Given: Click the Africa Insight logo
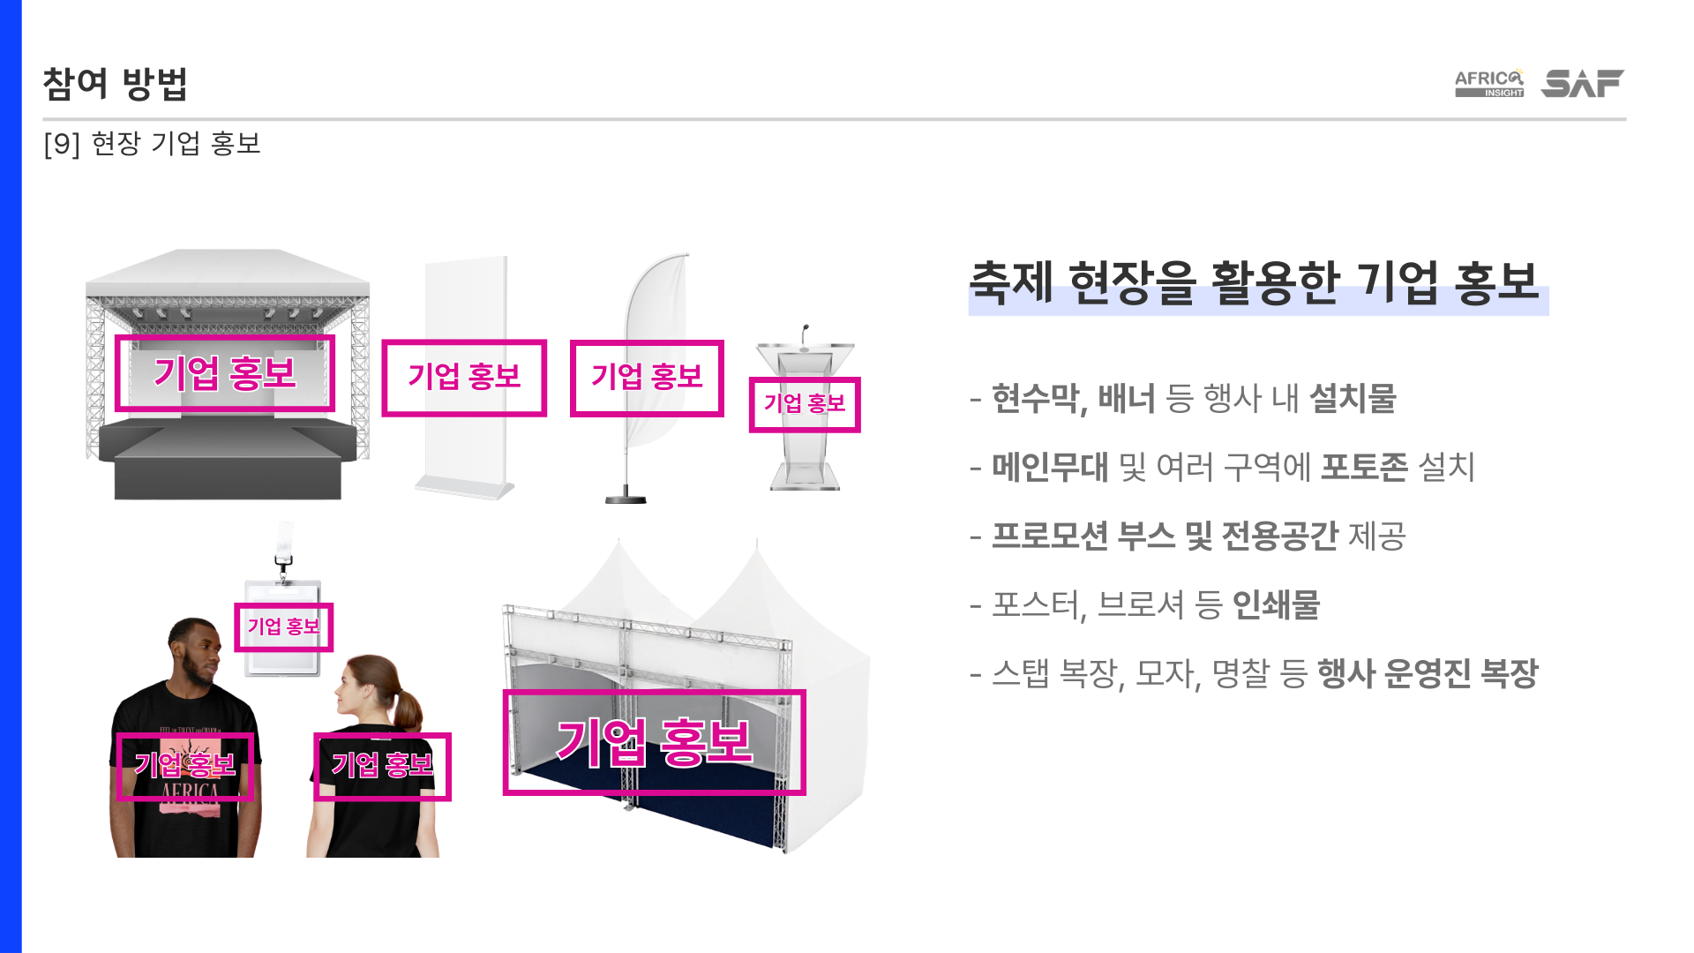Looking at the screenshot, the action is [x=1488, y=83].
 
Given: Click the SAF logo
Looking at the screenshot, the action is [x=1582, y=83].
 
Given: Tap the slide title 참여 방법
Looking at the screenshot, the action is [x=115, y=84].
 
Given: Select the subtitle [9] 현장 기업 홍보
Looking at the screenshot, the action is [x=152, y=143].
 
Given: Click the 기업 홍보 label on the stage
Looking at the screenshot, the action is [x=225, y=373].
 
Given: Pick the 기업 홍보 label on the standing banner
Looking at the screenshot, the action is [x=464, y=378].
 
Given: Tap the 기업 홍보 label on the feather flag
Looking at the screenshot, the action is [x=647, y=378].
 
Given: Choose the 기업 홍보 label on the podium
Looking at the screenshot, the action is [x=805, y=404].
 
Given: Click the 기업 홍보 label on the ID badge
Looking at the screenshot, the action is [x=283, y=627].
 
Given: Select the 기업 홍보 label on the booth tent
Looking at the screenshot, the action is [x=654, y=742].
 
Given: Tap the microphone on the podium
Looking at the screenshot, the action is [x=805, y=334].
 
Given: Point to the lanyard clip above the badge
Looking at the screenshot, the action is [x=284, y=565].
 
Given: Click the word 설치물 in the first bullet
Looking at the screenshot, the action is [x=1353, y=399].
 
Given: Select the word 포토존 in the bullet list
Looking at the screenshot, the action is [x=1363, y=468].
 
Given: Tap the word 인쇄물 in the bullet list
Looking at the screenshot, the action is [x=1275, y=605].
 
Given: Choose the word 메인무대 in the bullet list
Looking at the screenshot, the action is [x=1049, y=468].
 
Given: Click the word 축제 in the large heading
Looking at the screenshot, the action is [x=1011, y=282].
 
